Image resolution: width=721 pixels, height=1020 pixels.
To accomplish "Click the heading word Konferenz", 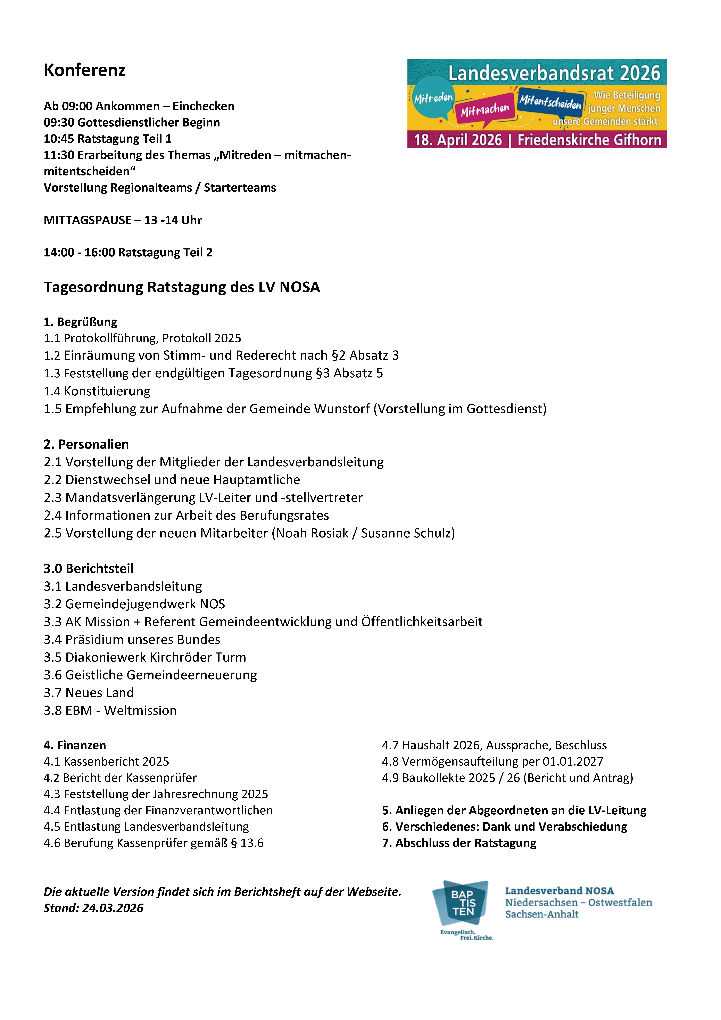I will [84, 70].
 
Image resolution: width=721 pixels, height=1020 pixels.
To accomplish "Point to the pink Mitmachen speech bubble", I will [485, 110].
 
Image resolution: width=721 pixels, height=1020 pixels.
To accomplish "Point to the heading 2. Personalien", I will [86, 444].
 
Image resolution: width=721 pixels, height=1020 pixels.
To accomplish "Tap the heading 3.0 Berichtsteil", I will [88, 569].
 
